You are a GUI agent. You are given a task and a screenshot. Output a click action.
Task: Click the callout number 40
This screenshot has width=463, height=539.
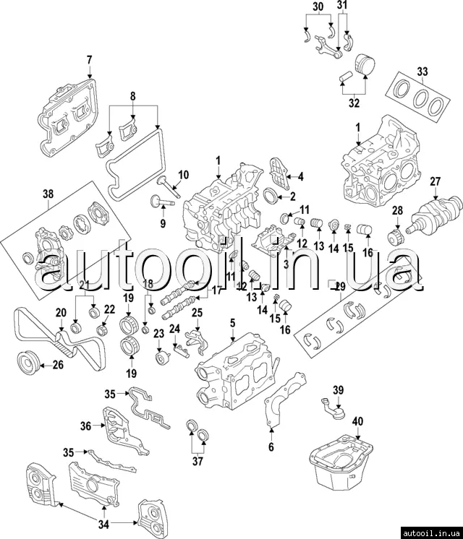click(x=358, y=421)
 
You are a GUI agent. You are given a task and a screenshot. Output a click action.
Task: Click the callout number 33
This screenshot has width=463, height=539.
click(x=423, y=71)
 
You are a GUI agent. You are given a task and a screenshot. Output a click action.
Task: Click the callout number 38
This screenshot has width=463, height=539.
click(x=48, y=193)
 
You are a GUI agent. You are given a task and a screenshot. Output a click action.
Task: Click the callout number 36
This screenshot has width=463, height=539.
click(x=86, y=426)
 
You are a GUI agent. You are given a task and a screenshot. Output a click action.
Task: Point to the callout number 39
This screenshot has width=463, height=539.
click(x=337, y=391)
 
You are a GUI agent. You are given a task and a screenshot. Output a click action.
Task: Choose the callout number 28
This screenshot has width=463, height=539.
click(x=396, y=210)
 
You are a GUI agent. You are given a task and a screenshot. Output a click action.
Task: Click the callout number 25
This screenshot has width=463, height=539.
click(x=196, y=312)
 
